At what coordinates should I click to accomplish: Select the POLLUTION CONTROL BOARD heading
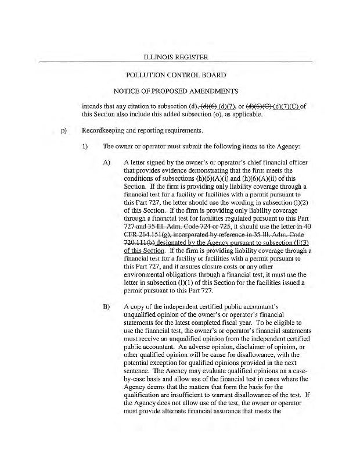tap(179, 76)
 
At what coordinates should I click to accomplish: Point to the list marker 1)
tap(86, 146)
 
